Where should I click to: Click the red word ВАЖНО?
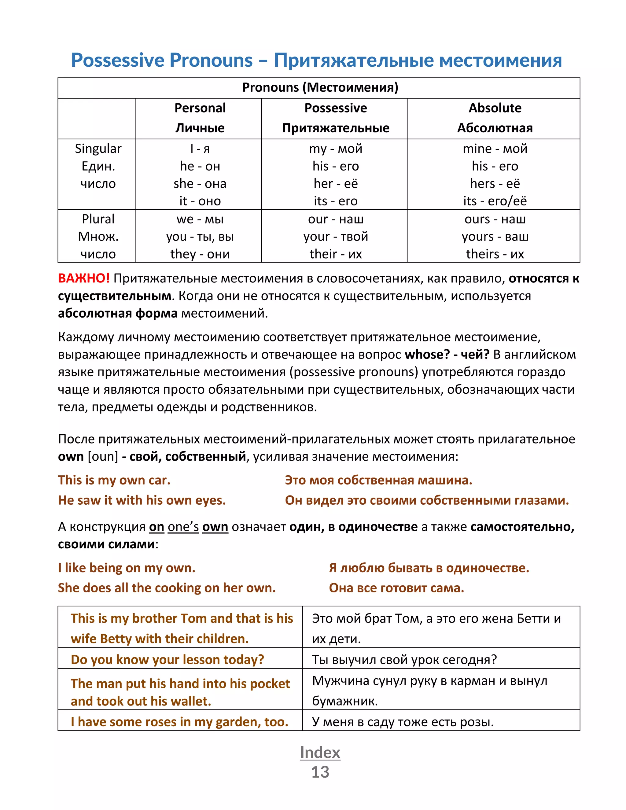click(84, 278)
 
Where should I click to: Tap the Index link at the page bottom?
click(320, 752)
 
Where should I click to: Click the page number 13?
click(320, 772)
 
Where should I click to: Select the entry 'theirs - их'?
click(495, 254)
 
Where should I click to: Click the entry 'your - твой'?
click(336, 237)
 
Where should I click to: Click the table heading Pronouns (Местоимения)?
click(320, 87)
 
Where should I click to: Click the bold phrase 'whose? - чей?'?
click(447, 355)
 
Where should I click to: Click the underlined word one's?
click(183, 527)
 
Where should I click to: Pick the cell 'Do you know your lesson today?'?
click(167, 659)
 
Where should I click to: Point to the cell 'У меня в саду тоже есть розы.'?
click(403, 722)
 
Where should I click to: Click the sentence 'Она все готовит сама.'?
click(396, 588)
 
